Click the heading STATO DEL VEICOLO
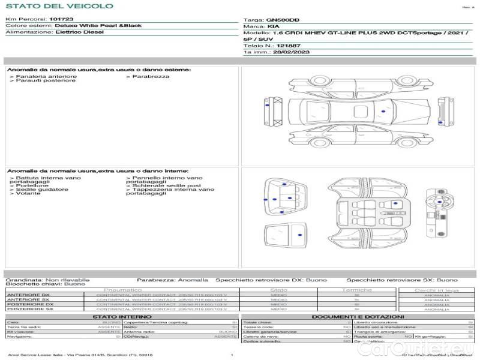(x=59, y=6)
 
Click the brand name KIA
(x=273, y=27)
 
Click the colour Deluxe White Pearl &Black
(x=98, y=26)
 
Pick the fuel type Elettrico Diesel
(x=79, y=32)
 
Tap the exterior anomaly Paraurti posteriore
(x=46, y=80)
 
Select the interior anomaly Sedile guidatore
(x=42, y=190)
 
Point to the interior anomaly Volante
(x=28, y=194)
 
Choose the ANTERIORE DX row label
(x=28, y=295)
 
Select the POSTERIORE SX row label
(x=28, y=309)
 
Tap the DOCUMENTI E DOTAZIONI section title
(x=358, y=317)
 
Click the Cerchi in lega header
(x=436, y=290)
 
